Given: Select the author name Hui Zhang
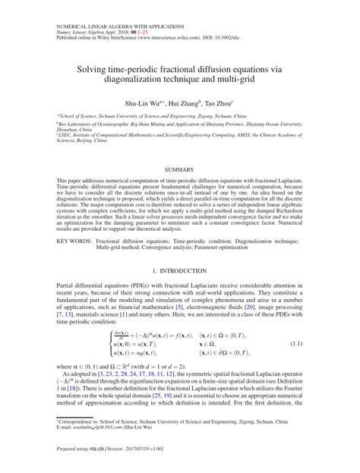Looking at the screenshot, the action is coord(183,101).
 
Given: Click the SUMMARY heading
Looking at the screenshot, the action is coord(180,167).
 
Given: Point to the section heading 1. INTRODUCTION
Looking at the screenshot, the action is coord(180,271).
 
